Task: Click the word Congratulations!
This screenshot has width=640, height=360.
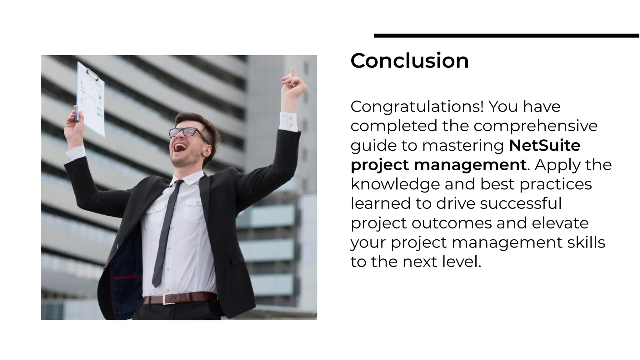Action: tap(417, 107)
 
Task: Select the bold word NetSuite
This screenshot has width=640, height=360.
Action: tap(544, 145)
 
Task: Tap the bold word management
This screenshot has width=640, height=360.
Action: tap(470, 165)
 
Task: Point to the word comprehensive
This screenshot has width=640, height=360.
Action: tap(535, 126)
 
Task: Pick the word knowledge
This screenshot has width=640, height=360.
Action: tap(395, 184)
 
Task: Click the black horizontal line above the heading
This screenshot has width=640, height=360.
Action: tap(506, 36)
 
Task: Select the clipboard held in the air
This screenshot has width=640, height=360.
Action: tap(91, 99)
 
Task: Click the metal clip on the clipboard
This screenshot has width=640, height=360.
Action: tap(92, 74)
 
